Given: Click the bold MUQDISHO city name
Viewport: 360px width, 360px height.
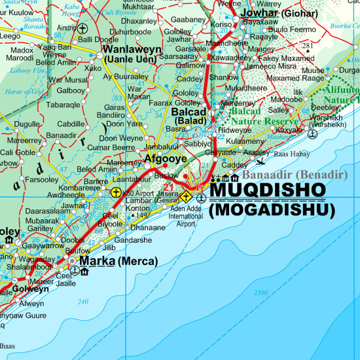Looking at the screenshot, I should point(267,190).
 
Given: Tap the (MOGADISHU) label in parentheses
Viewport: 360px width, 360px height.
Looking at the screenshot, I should point(272,210).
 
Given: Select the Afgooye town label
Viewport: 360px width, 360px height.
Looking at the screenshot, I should point(166,158).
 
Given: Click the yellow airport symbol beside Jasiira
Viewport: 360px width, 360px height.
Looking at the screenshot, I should point(187,196).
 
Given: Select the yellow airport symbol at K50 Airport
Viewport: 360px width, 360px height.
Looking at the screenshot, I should point(116,192).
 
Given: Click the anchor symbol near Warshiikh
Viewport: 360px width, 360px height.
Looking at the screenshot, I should point(312,134).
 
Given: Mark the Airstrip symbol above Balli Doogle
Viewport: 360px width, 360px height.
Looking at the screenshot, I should point(82,28).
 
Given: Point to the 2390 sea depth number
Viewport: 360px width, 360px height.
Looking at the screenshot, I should point(261,292).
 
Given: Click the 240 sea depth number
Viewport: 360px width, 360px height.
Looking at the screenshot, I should point(82,301).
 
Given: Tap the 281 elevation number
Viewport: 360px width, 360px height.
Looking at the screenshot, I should point(308,45).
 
